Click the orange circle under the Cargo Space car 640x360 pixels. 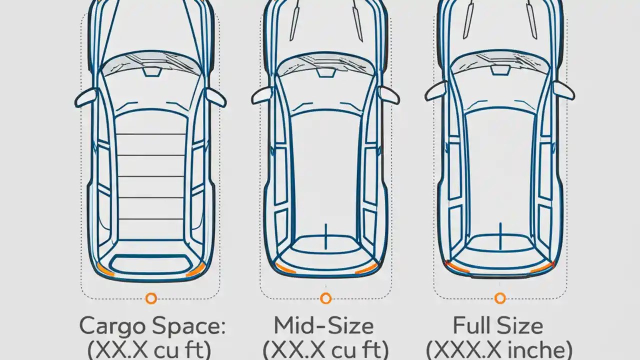coord(151,298)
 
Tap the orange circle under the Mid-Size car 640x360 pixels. coord(325,298)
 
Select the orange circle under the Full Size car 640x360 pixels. coord(499,298)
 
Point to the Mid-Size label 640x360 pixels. coord(323,326)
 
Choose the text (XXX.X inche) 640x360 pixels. coord(499,349)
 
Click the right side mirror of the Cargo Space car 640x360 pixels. coord(216,97)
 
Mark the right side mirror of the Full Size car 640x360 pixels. coord(563,91)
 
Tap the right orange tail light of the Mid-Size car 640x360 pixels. coord(366,269)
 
